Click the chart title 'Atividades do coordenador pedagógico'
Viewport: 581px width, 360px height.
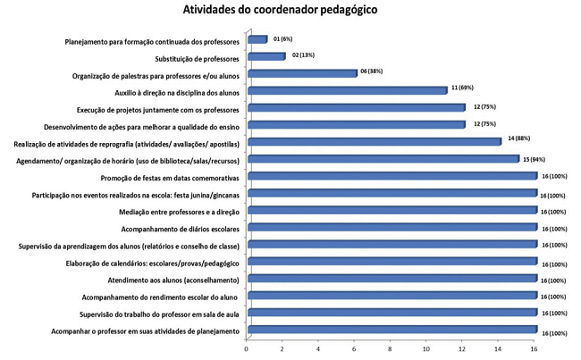pos(291,12)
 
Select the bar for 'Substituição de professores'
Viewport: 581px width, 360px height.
pos(265,56)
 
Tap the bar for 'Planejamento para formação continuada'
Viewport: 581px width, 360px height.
pos(257,39)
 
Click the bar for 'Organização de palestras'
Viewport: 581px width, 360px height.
pos(301,73)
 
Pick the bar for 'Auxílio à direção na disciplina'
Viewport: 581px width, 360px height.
pos(346,90)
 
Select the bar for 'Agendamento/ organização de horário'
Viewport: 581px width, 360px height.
pos(383,159)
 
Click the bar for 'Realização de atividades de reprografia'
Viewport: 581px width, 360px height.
pos(374,142)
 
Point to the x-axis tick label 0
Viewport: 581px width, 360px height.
pos(247,350)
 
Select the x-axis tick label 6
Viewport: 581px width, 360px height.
pos(354,350)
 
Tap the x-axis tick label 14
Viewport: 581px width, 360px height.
pos(497,350)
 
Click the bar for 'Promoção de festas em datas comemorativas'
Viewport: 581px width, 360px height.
pos(392,177)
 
